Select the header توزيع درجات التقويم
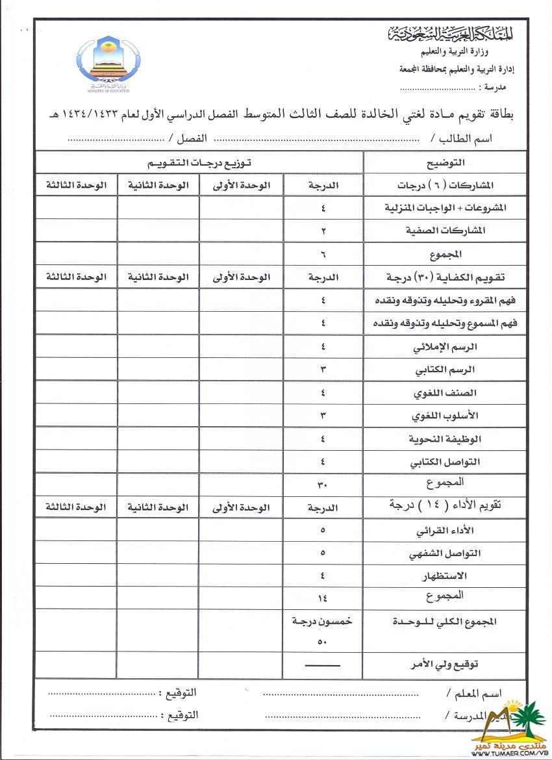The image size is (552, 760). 198,161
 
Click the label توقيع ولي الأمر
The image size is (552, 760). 446,665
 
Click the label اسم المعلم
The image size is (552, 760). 474,693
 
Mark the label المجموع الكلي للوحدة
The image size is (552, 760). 445,621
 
